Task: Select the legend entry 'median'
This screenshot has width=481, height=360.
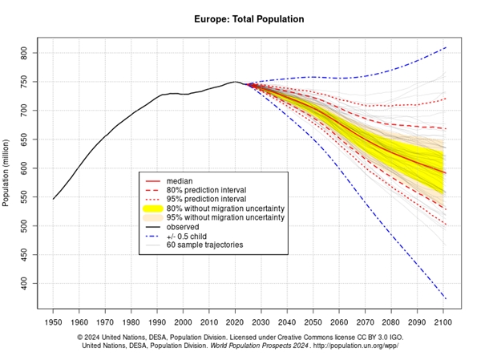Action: click(179, 181)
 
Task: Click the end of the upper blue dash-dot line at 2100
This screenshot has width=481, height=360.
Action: click(446, 47)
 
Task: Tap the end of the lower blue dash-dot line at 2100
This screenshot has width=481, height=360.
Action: click(446, 300)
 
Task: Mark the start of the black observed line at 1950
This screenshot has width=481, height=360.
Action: click(54, 199)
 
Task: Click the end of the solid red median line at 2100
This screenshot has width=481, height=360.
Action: click(446, 173)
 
